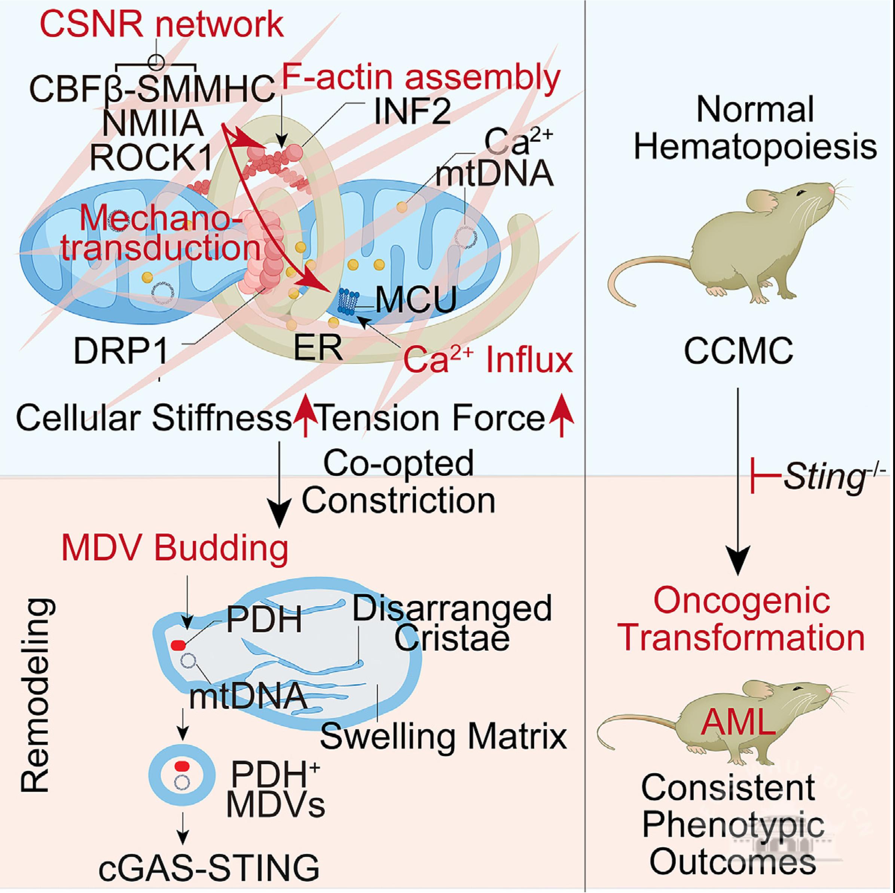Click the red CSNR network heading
click(x=161, y=25)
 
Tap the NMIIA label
click(x=153, y=124)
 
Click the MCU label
click(x=416, y=300)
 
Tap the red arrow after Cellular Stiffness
click(x=305, y=414)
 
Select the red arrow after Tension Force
click(x=562, y=414)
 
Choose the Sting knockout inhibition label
click(x=818, y=477)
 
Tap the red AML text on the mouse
click(x=738, y=722)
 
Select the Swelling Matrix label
click(x=443, y=737)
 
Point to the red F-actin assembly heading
click(x=421, y=77)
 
